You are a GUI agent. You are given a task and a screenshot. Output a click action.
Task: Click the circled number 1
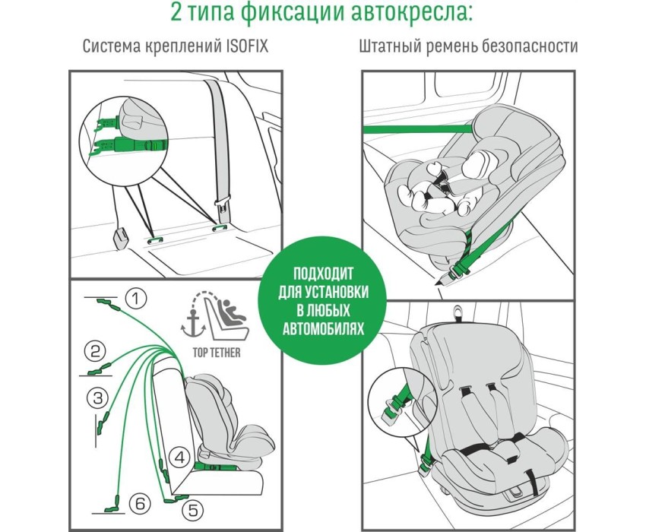click(x=135, y=299)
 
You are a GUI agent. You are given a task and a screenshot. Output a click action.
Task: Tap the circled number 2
click(x=95, y=352)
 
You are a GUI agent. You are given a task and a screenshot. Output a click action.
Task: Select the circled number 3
click(x=97, y=398)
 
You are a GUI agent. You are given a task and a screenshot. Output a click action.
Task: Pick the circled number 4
click(x=179, y=458)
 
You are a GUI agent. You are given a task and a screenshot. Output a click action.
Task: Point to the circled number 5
click(x=193, y=510)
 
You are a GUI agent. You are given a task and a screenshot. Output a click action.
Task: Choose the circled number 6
click(x=140, y=504)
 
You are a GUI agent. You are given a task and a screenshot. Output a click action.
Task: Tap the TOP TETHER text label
click(x=217, y=353)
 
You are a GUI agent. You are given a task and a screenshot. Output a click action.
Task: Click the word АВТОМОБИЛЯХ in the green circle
click(x=324, y=329)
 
